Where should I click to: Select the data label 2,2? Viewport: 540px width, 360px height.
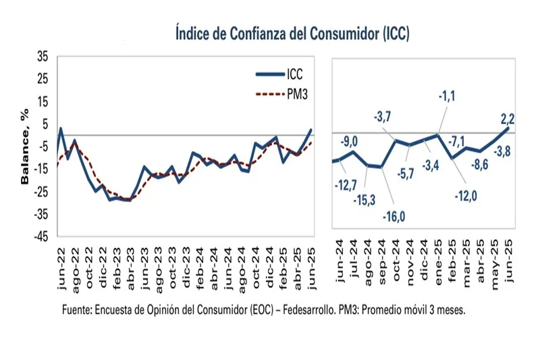(508, 120)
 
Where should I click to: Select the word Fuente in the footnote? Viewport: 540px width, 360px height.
(78, 310)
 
